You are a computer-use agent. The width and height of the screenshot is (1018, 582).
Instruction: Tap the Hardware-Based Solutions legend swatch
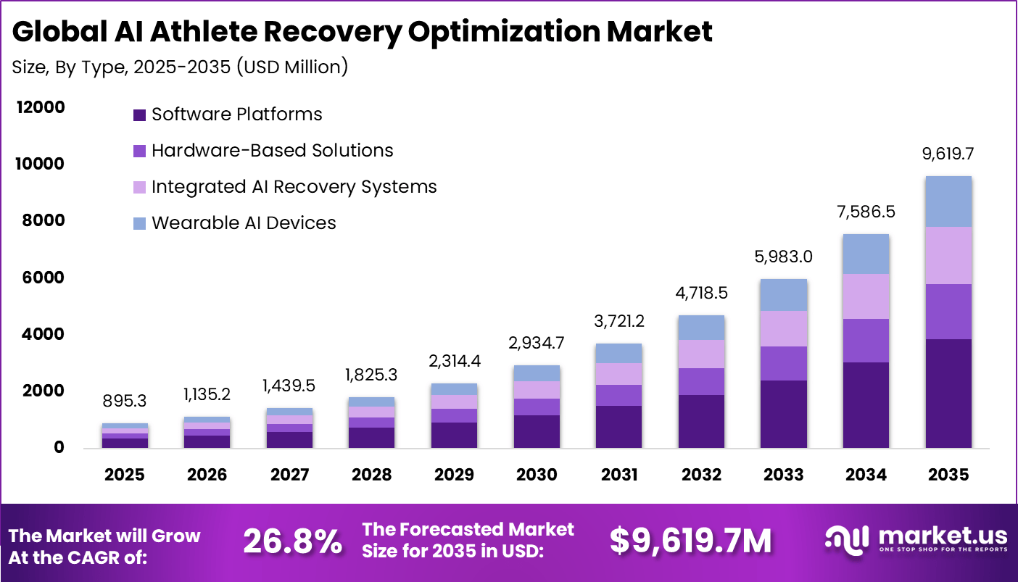[140, 151]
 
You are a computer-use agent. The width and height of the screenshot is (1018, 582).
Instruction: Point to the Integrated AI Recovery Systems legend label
[294, 187]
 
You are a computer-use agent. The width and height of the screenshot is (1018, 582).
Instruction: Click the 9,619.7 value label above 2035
[948, 154]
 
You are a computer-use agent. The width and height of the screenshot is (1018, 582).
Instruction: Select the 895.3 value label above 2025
[124, 401]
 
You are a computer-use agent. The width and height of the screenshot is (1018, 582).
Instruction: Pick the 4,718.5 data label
[701, 294]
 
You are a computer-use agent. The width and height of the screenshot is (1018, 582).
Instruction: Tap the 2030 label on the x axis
[537, 475]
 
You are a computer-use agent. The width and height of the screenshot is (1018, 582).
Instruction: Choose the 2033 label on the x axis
[784, 475]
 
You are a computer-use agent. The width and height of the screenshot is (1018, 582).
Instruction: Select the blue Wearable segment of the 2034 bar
[866, 254]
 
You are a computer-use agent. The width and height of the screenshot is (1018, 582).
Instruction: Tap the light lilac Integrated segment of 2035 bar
[948, 255]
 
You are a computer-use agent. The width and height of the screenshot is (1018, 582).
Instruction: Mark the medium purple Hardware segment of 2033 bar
[784, 363]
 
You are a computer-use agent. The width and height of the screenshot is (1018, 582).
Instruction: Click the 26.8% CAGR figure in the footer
[292, 541]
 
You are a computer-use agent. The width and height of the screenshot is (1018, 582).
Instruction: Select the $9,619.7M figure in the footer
[690, 541]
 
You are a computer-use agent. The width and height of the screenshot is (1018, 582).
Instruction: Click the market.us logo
[916, 540]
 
